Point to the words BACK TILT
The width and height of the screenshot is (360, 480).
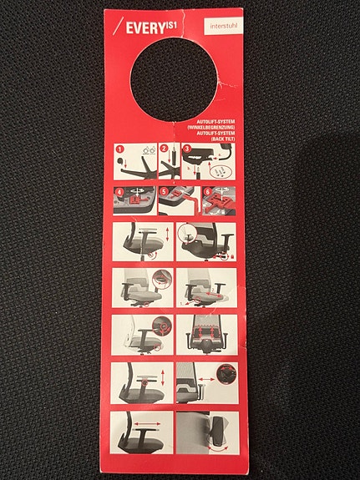tap(226, 138)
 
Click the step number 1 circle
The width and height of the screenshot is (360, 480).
tap(119, 150)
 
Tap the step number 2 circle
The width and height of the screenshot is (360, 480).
tap(165, 150)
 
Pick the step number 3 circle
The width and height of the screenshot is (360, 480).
tap(187, 150)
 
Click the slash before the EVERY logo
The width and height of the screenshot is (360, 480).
tap(118, 28)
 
